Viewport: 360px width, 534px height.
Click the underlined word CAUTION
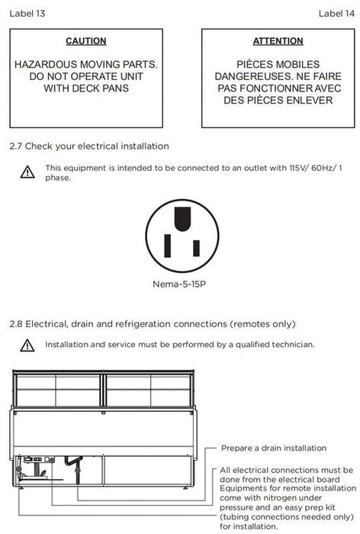(x=86, y=41)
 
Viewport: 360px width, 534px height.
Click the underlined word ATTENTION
(x=278, y=41)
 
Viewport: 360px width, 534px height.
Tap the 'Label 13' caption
(x=27, y=14)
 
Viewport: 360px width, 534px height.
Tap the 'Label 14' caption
(x=336, y=14)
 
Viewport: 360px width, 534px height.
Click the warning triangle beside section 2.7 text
(x=27, y=172)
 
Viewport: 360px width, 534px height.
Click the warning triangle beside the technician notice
(x=27, y=345)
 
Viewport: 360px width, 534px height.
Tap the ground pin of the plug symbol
(x=182, y=219)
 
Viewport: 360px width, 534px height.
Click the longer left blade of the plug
(x=167, y=246)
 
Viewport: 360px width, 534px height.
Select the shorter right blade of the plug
(x=196, y=248)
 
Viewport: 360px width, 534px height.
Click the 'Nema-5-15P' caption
(x=179, y=284)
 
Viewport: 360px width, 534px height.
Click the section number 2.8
(x=16, y=324)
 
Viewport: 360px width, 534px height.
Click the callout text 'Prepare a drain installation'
(x=274, y=449)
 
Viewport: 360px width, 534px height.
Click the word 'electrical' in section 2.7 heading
(x=98, y=146)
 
